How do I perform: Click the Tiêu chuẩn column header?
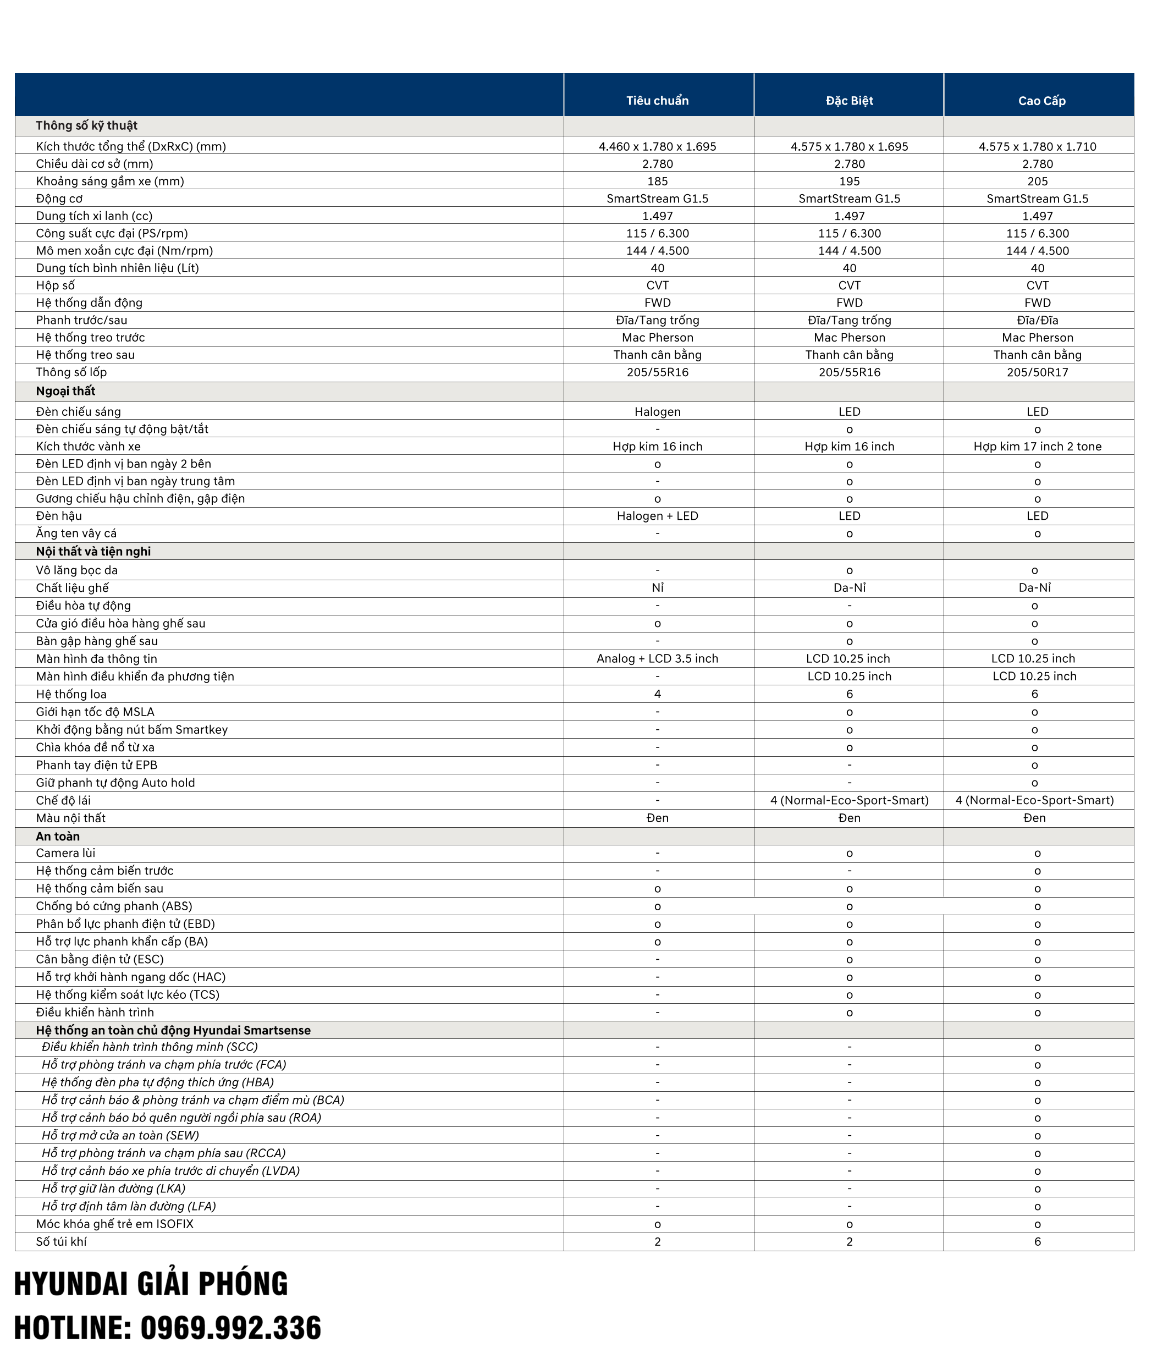pos(657,101)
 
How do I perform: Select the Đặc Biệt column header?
pos(849,101)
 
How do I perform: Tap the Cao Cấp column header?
pos(1041,101)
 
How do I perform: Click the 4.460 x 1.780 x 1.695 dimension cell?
pos(657,146)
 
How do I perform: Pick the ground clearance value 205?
pos(1037,181)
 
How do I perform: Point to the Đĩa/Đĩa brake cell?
pos(1037,320)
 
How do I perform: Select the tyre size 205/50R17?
pos(1037,372)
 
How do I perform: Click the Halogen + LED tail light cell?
pos(657,516)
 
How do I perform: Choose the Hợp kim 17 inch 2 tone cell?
pos(1037,446)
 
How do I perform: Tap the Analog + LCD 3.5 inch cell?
pos(657,658)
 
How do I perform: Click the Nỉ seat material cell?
pos(657,588)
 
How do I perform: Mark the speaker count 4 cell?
pos(657,694)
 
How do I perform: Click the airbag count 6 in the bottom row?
pos(1037,1242)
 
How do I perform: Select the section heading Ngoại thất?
pos(65,391)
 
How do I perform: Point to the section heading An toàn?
pos(58,836)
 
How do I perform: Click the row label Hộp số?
pos(56,285)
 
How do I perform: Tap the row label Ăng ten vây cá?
pos(76,533)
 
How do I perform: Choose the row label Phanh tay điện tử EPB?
pos(97,765)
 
